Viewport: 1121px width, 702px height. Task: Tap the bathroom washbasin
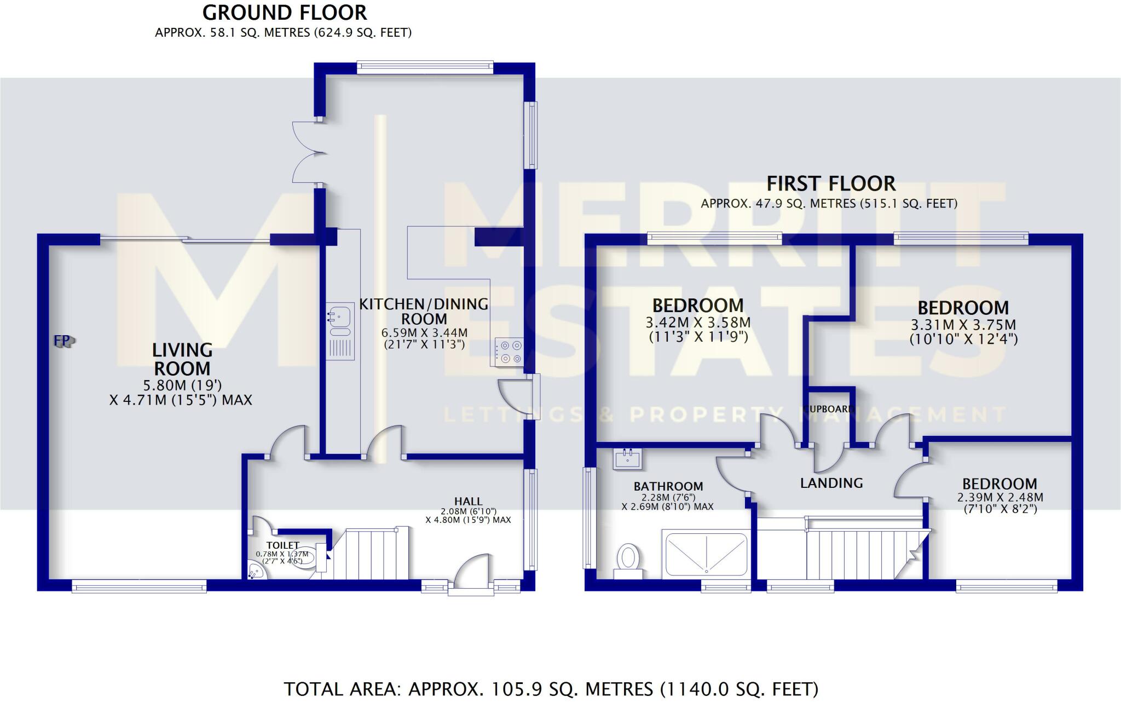point(628,458)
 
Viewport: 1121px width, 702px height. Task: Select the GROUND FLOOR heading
point(285,13)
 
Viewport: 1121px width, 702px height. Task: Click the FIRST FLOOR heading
point(830,183)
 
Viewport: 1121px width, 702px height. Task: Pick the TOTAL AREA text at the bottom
point(551,688)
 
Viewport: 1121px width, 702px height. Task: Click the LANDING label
point(831,483)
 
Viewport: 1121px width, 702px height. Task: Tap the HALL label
point(468,501)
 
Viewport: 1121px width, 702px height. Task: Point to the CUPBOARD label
point(831,409)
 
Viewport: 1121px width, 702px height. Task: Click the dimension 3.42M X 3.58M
point(698,323)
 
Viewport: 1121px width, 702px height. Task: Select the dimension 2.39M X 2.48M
point(999,498)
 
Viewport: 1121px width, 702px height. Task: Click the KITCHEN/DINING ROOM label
point(424,311)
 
